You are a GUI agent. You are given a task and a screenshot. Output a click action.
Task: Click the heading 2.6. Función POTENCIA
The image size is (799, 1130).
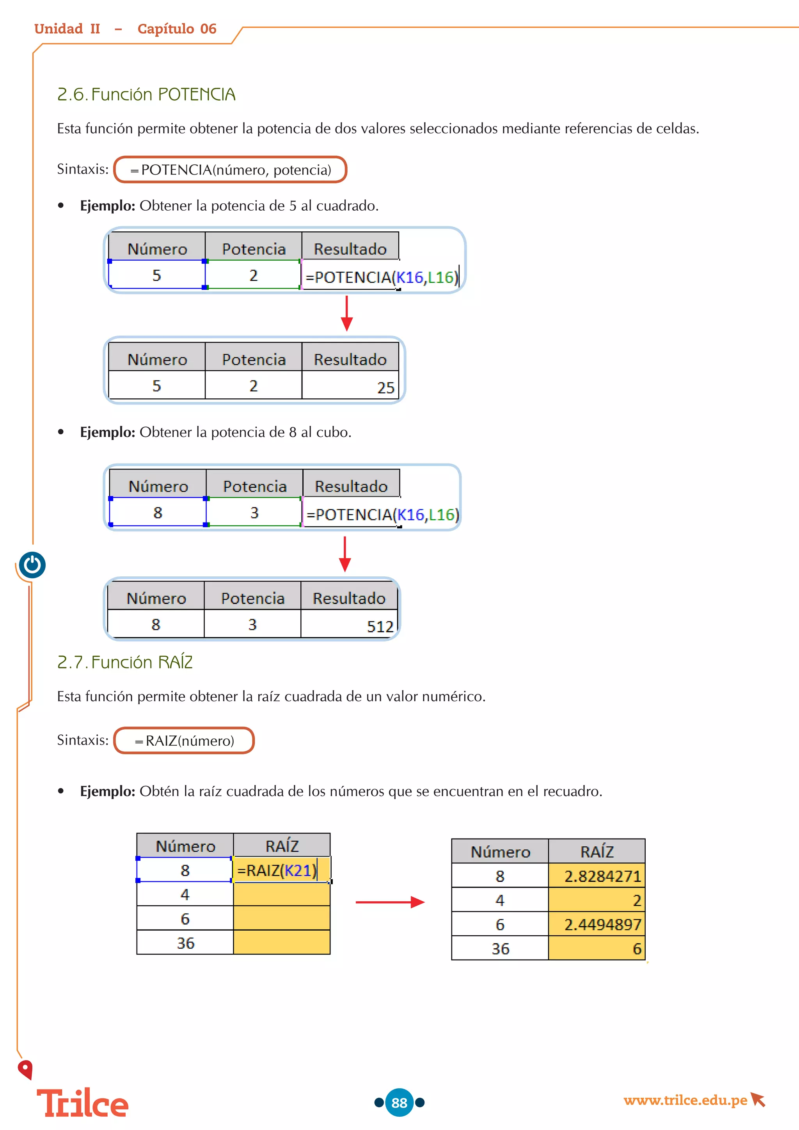(x=146, y=94)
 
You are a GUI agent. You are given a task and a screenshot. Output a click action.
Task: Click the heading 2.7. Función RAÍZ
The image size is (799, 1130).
(x=125, y=662)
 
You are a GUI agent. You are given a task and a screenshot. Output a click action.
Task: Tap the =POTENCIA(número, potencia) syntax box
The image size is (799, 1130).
(x=230, y=170)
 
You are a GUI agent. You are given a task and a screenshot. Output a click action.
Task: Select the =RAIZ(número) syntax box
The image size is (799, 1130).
(x=184, y=741)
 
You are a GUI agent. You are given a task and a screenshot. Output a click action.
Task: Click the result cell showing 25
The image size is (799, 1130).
(x=350, y=386)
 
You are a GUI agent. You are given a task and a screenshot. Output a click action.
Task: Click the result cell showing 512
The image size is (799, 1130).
(x=349, y=625)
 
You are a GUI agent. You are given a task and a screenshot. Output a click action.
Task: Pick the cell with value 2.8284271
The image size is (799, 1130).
(x=597, y=876)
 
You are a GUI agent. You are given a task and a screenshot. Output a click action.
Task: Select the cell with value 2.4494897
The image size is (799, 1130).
(x=597, y=924)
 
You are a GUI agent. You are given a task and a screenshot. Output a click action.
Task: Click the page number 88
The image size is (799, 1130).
(x=399, y=1102)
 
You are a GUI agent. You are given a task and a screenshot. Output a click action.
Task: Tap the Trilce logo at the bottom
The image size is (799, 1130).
(x=83, y=1103)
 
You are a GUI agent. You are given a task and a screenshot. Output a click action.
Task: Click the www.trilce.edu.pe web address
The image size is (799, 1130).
(x=685, y=1100)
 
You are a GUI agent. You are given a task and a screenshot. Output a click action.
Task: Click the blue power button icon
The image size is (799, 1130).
(x=32, y=565)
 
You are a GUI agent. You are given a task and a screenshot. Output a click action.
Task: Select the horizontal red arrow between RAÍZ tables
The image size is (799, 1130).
(x=390, y=902)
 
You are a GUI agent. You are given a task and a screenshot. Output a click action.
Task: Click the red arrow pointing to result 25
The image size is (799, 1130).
(x=347, y=313)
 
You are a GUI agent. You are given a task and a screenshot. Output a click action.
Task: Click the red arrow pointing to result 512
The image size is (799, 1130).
(x=345, y=554)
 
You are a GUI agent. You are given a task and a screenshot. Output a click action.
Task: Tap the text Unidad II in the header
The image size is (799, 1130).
(x=67, y=29)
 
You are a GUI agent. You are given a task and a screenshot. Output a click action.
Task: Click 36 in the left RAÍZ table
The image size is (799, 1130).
(x=185, y=943)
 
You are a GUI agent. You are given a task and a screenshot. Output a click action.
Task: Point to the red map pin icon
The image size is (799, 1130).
(x=25, y=1070)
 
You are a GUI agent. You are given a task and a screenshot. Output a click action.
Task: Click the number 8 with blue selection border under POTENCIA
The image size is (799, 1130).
(x=158, y=513)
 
